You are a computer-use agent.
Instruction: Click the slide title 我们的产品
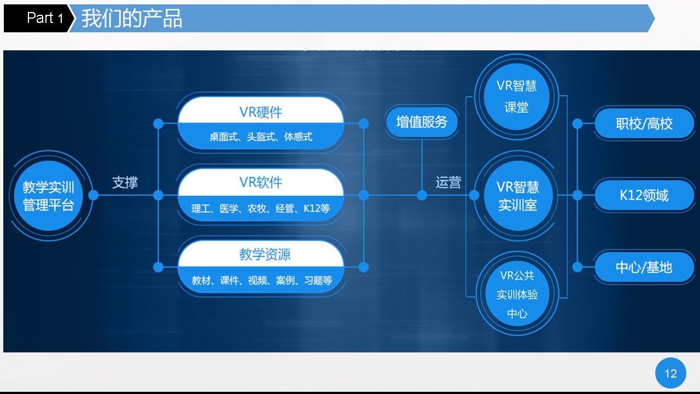pyautogui.click(x=132, y=19)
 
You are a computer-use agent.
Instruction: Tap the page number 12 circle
pyautogui.click(x=670, y=373)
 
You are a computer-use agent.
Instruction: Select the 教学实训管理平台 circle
pyautogui.click(x=49, y=196)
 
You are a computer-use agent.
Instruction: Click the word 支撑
pyautogui.click(x=125, y=182)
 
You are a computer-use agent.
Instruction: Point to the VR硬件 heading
pyautogui.click(x=261, y=112)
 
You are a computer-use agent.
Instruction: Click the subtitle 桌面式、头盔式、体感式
pyautogui.click(x=261, y=137)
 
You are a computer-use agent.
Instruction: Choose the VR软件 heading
pyautogui.click(x=261, y=182)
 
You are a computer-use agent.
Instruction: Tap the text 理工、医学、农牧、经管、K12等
pyautogui.click(x=261, y=208)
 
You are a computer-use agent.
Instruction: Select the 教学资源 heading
pyautogui.click(x=265, y=254)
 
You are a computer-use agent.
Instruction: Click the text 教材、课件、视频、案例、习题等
pyautogui.click(x=262, y=280)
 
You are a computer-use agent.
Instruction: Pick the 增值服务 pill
pyautogui.click(x=422, y=122)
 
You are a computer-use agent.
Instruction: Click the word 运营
pyautogui.click(x=448, y=182)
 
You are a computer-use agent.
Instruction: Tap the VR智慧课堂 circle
pyautogui.click(x=517, y=97)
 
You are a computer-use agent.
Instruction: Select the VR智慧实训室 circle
pyautogui.click(x=518, y=196)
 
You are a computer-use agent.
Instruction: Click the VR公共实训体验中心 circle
pyautogui.click(x=517, y=294)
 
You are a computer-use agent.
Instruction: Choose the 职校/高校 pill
pyautogui.click(x=644, y=124)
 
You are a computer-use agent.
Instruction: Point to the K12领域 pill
pyautogui.click(x=644, y=195)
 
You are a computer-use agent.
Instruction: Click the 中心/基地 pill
pyautogui.click(x=644, y=268)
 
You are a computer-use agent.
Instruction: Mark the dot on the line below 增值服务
pyautogui.click(x=422, y=196)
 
